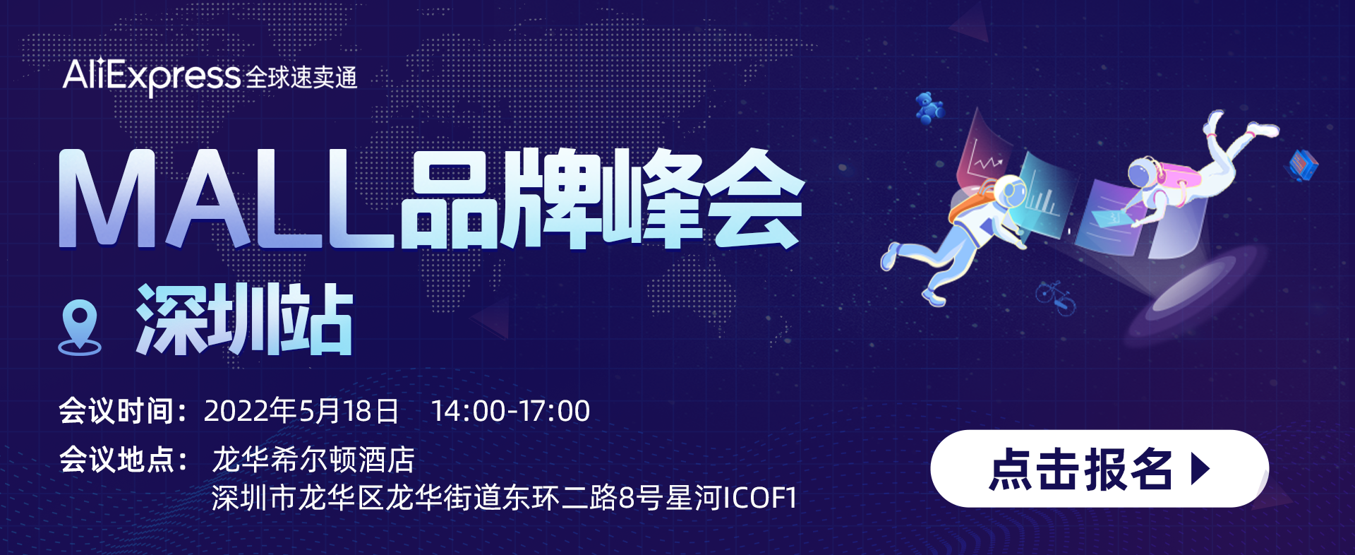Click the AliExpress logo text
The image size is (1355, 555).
pos(152,75)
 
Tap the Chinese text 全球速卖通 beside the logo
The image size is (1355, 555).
pos(302,77)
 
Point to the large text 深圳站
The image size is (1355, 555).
pos(245,319)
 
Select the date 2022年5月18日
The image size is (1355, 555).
pos(301,411)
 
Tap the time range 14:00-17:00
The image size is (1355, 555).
pos(510,411)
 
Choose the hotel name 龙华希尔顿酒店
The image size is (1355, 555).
pos(313,460)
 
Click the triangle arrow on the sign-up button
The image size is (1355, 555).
pos(1200,468)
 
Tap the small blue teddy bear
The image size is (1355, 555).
pos(929,108)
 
